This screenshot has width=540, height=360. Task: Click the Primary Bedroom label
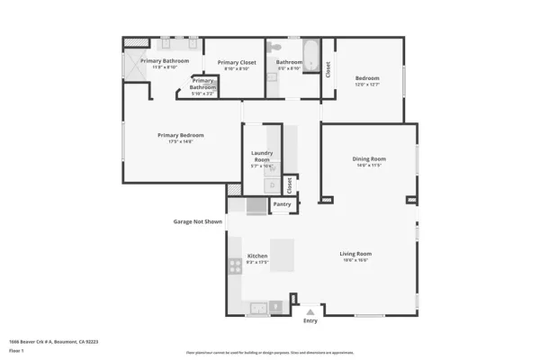(x=175, y=136)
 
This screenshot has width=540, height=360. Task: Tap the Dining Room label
(x=367, y=159)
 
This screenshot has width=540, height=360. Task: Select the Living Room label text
(x=355, y=254)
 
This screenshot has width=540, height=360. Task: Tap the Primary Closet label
(x=237, y=62)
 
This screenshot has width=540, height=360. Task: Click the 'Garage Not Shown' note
(x=197, y=220)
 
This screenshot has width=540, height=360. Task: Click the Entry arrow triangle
(x=310, y=310)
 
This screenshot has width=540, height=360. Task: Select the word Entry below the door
(x=310, y=320)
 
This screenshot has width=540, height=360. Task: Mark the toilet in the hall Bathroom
(x=277, y=46)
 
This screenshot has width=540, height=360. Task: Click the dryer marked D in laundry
(x=271, y=185)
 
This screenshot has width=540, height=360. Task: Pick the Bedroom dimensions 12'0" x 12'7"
(x=367, y=85)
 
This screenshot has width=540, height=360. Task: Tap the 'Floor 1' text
(x=15, y=351)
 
